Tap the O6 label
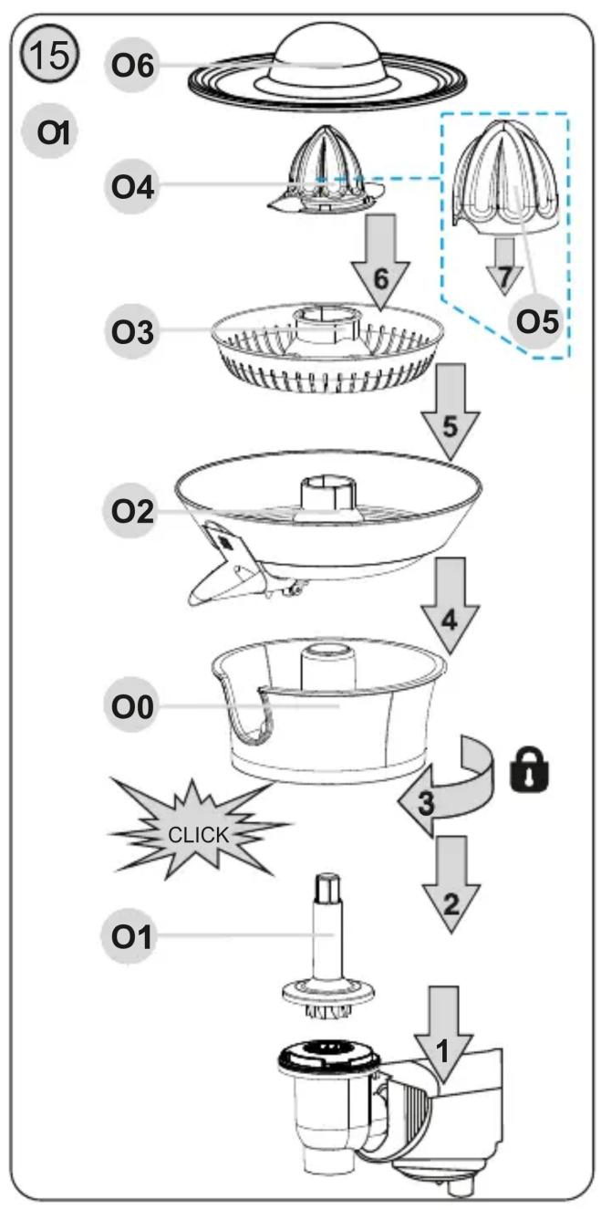click(x=131, y=66)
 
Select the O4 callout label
click(x=131, y=186)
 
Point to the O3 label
click(x=131, y=331)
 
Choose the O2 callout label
click(x=130, y=511)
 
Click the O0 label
click(x=130, y=706)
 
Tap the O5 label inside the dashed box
click(x=537, y=322)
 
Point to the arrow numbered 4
click(x=451, y=606)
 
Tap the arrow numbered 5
click(x=450, y=412)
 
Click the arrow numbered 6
click(x=380, y=263)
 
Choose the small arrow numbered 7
click(x=504, y=266)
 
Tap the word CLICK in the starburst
click(x=198, y=835)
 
